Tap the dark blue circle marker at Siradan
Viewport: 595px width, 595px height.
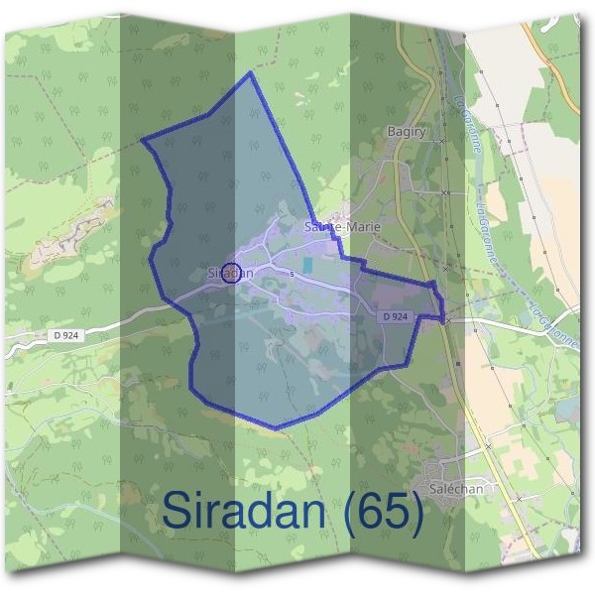tap(231, 272)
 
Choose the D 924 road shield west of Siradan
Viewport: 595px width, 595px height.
tap(67, 337)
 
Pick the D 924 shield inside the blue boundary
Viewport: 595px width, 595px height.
tap(394, 316)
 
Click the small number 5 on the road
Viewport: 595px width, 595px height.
tap(293, 274)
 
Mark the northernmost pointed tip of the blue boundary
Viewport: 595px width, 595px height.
tap(250, 72)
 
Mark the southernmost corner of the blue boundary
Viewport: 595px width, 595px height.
tap(275, 428)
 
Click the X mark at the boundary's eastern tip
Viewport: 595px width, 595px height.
tap(447, 320)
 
